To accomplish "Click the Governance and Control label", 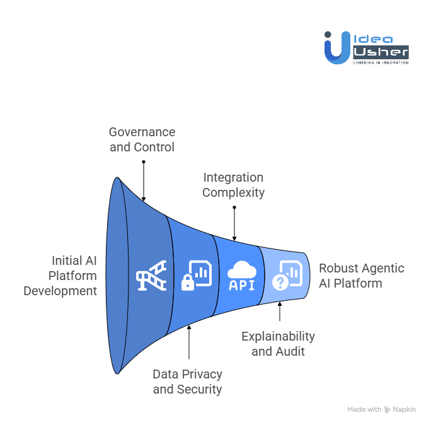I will click(x=142, y=139).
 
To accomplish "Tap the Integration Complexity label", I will click(x=233, y=185).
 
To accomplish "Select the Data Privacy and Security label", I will click(x=187, y=382).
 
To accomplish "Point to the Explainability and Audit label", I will click(x=278, y=344).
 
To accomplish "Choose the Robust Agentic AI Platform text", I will click(x=361, y=276).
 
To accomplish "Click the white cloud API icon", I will click(x=242, y=276).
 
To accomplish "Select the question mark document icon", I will click(x=287, y=276).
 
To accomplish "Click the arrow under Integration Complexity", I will click(x=234, y=223).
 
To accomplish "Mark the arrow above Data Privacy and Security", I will click(x=188, y=343).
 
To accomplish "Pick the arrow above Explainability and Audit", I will click(x=279, y=313).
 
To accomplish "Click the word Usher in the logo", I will click(x=380, y=52).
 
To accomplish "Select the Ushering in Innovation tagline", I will click(x=380, y=62).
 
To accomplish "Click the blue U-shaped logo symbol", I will click(x=336, y=49).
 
